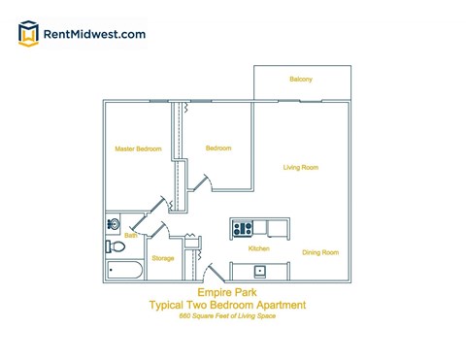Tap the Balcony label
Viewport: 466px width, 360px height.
point(301,79)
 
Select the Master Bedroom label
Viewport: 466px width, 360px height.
point(137,149)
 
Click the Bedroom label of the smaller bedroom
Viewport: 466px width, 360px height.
point(218,148)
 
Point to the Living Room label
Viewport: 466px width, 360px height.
point(301,168)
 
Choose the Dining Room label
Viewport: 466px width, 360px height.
point(319,252)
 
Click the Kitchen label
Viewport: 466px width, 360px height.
point(259,249)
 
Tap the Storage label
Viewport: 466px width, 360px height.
point(163,258)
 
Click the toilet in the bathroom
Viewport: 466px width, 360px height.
point(115,246)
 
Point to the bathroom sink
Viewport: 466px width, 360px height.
point(114,225)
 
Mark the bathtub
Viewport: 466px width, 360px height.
point(125,270)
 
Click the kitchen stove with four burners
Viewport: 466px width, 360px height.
point(243,229)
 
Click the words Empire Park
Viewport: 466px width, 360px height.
point(223,290)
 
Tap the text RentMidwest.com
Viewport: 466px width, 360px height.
point(95,34)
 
